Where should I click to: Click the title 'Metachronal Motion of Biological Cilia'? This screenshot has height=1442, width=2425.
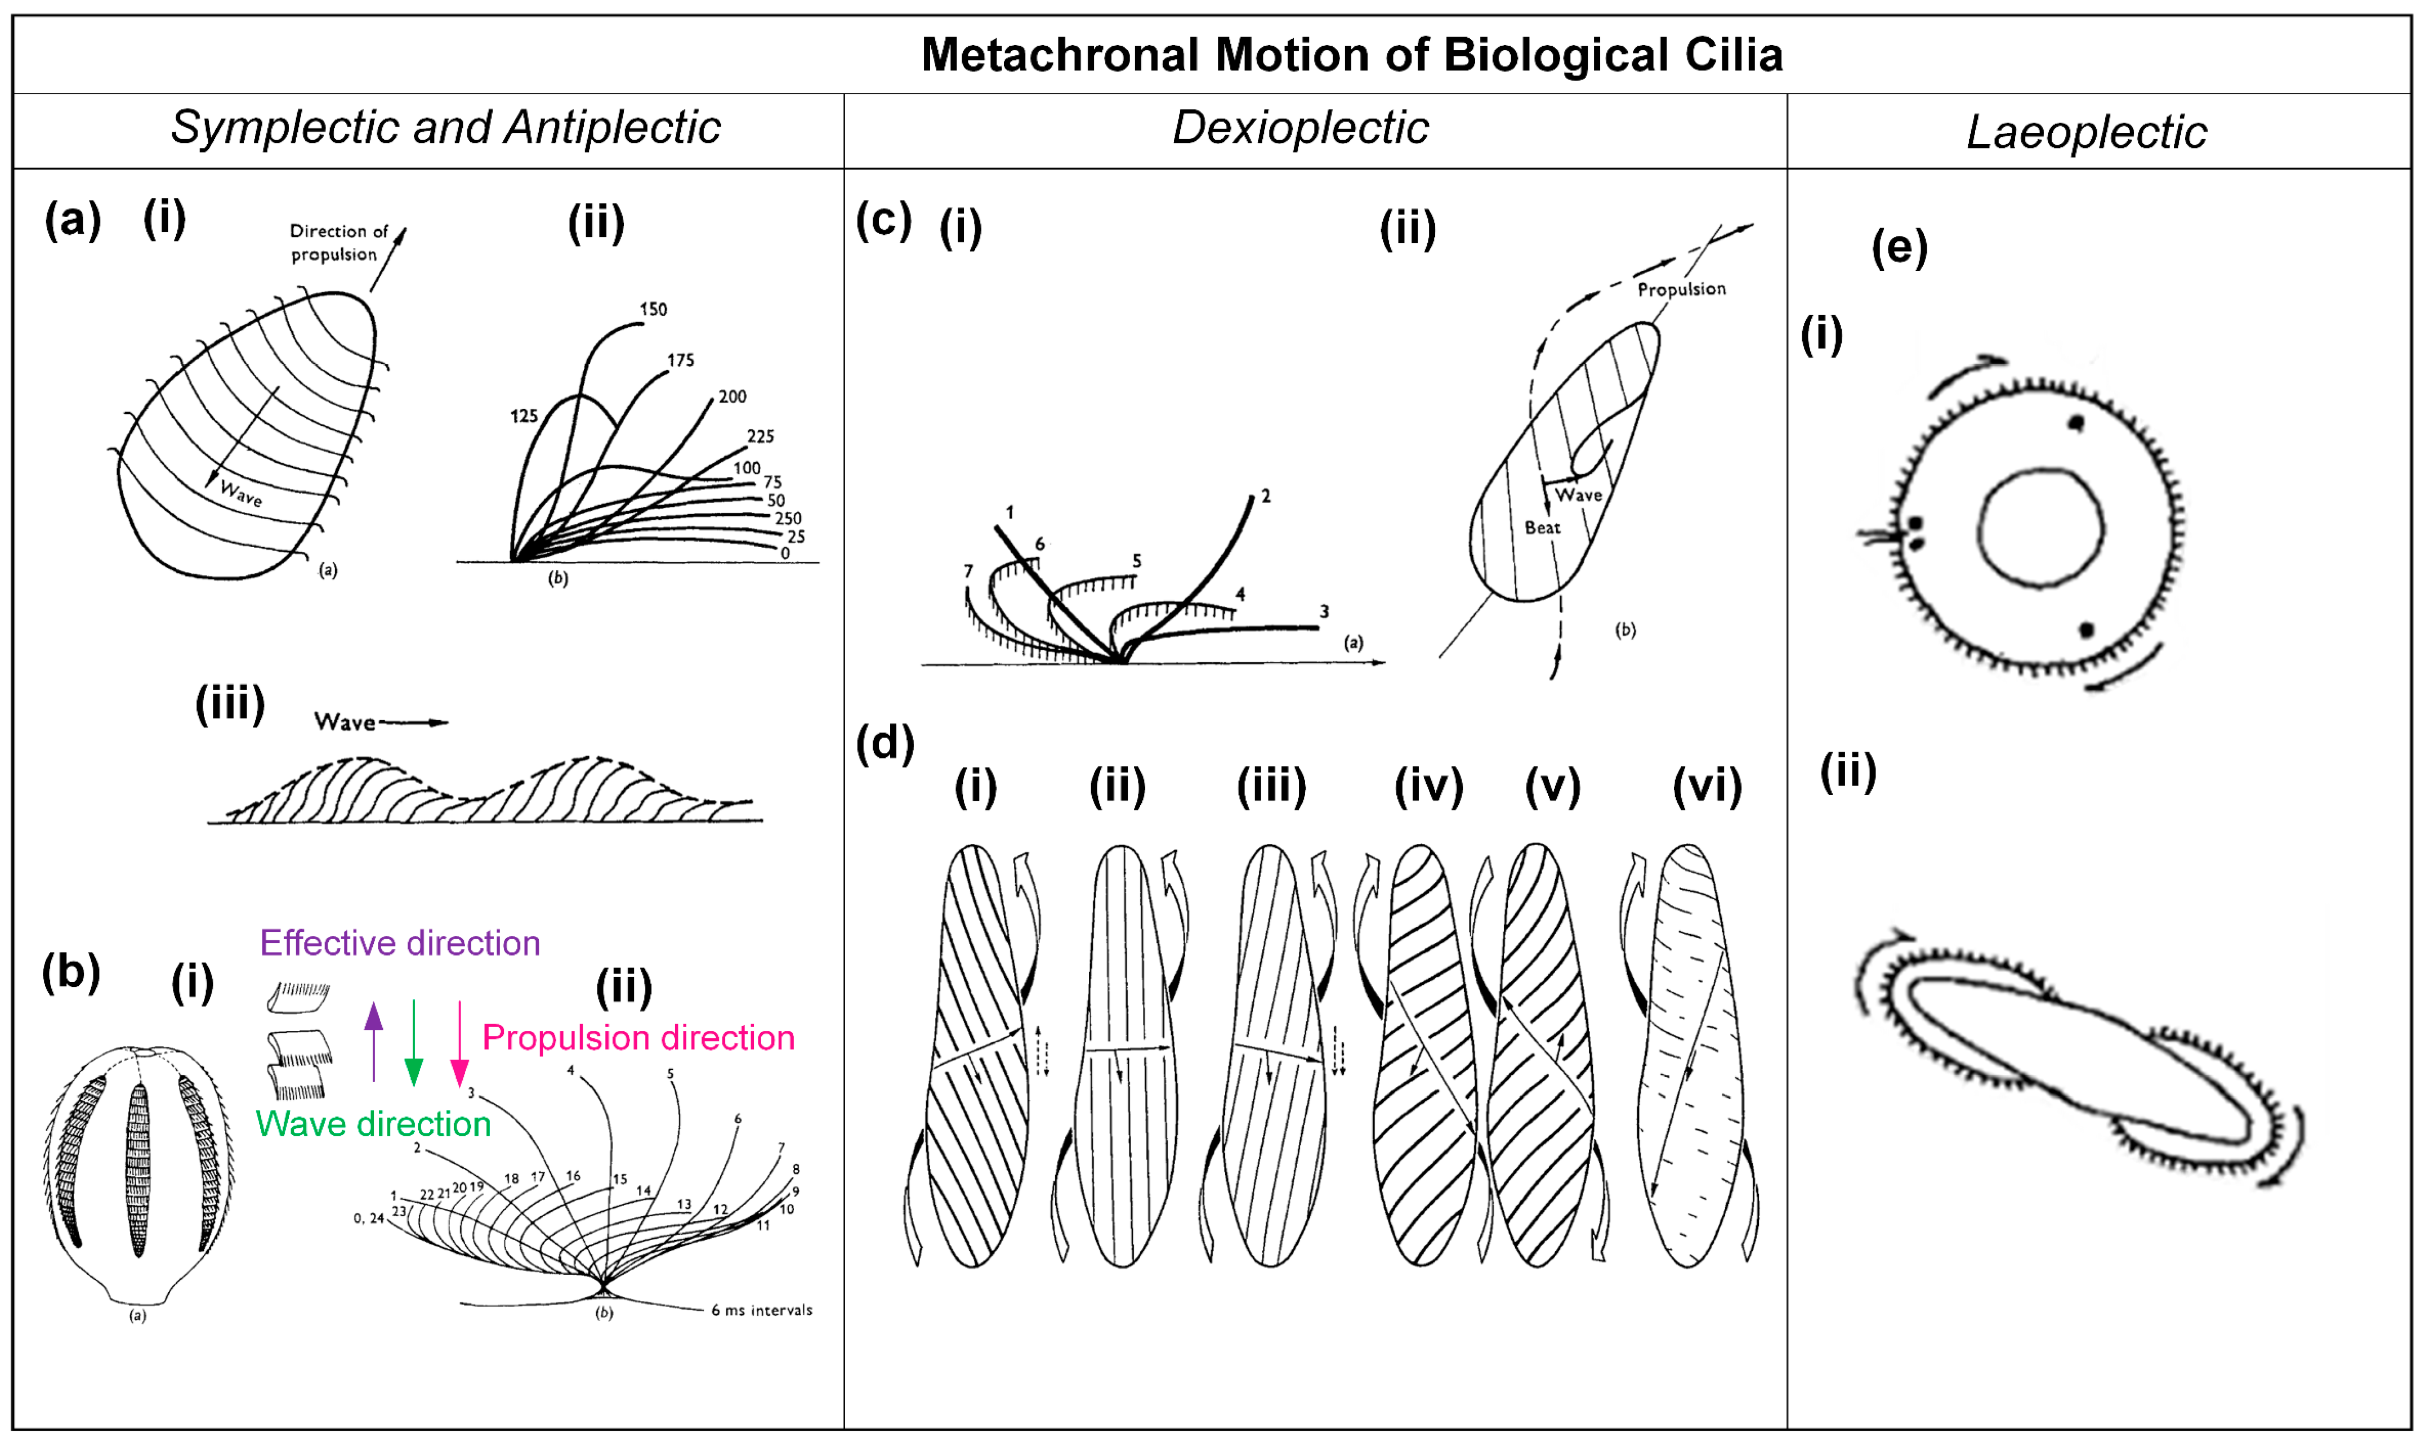pyautogui.click(x=1351, y=55)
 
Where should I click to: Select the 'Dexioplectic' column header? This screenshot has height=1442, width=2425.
pyautogui.click(x=1300, y=127)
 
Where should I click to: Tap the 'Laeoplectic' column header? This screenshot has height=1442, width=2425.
pyautogui.click(x=2086, y=131)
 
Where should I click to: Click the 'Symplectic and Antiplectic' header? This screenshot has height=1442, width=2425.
pyautogui.click(x=445, y=127)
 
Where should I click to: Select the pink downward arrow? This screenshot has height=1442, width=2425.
pyautogui.click(x=459, y=1044)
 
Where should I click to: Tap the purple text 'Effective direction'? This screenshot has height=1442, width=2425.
pyautogui.click(x=399, y=943)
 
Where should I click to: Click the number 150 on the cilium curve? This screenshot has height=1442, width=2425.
pyautogui.click(x=653, y=309)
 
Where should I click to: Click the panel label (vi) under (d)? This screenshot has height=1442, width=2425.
pyautogui.click(x=1707, y=785)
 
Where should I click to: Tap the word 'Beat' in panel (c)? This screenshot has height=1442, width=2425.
pyautogui.click(x=1542, y=528)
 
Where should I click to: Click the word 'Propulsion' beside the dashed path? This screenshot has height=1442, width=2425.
pyautogui.click(x=1681, y=289)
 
